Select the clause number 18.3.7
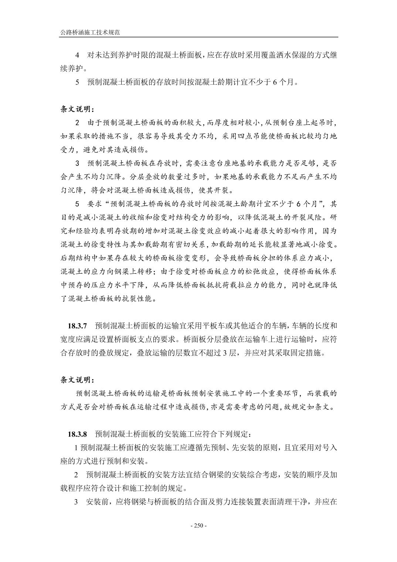click(77, 326)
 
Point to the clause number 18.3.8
click(77, 433)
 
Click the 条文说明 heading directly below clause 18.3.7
click(77, 380)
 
